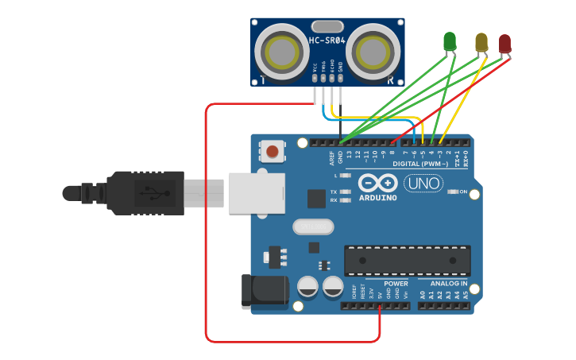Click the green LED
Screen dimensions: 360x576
[450, 41]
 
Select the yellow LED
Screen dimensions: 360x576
[481, 41]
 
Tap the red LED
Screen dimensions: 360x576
[504, 43]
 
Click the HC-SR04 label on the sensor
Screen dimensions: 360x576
[327, 40]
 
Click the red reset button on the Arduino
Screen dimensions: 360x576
[273, 151]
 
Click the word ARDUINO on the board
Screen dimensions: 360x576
[377, 197]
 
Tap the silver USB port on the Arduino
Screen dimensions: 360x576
[257, 194]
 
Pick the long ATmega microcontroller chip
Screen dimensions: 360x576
[407, 261]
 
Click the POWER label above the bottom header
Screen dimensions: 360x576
[396, 284]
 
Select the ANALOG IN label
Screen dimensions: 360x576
[449, 284]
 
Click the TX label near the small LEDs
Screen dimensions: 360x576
[334, 192]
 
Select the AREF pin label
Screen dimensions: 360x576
[331, 158]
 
